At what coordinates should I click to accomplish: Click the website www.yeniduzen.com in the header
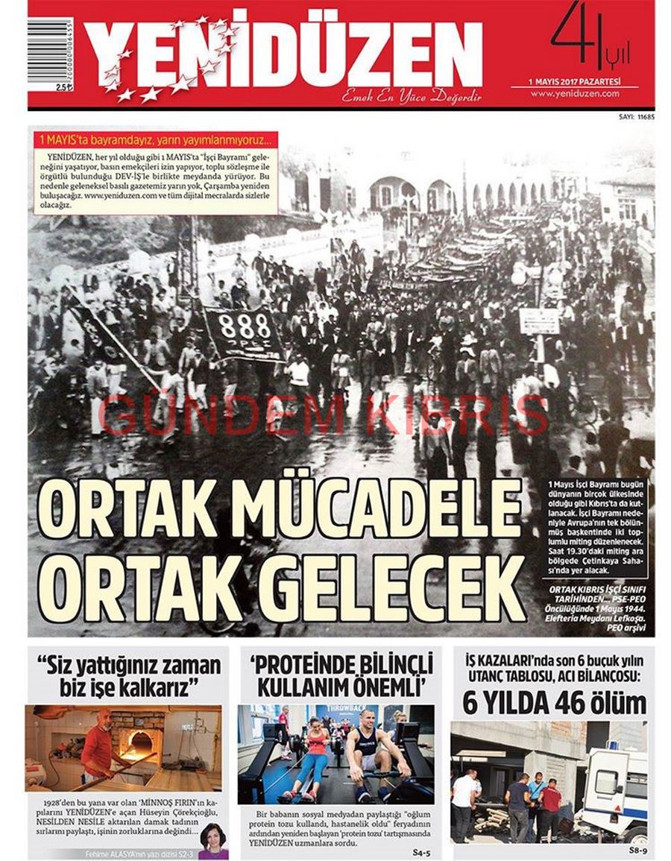point(575,94)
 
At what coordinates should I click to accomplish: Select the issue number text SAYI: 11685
point(637,116)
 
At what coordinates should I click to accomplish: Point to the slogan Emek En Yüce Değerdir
point(412,97)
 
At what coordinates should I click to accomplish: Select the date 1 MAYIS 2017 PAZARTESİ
point(574,81)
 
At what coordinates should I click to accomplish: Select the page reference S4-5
point(422,851)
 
